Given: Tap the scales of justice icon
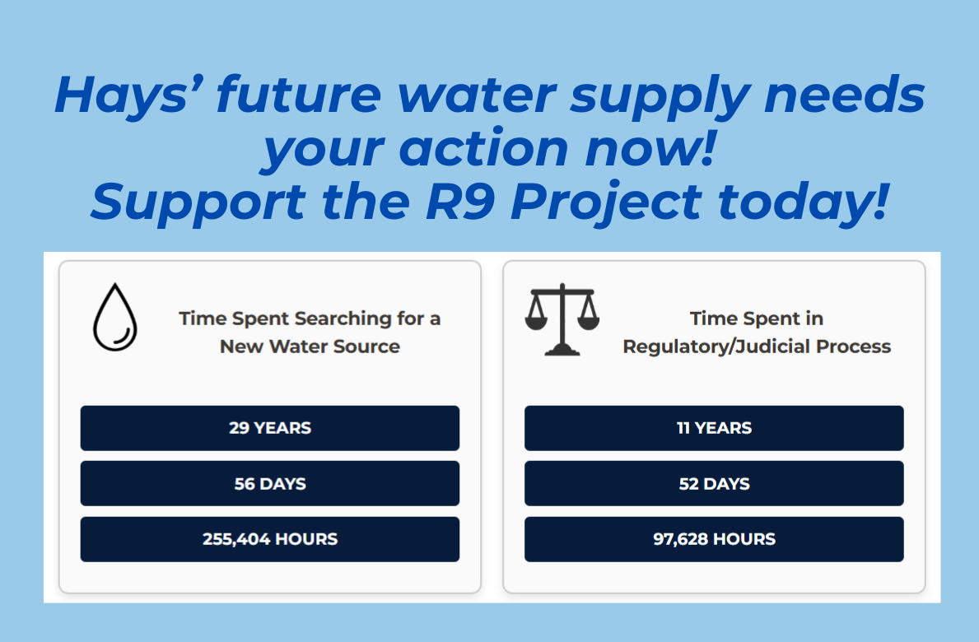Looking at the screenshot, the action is point(562,319).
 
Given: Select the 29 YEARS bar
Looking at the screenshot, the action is point(270,428).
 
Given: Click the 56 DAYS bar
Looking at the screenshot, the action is point(270,483).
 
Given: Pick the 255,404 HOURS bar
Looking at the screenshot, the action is point(270,539).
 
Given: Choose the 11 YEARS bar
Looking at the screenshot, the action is point(714,428).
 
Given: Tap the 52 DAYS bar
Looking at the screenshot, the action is point(714,483).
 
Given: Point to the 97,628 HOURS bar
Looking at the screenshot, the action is point(714,539).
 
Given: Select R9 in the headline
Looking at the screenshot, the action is point(460,202).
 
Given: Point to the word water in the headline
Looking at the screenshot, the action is point(477,95).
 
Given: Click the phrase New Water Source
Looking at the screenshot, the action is point(310,347).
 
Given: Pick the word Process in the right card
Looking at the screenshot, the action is point(854,347).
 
